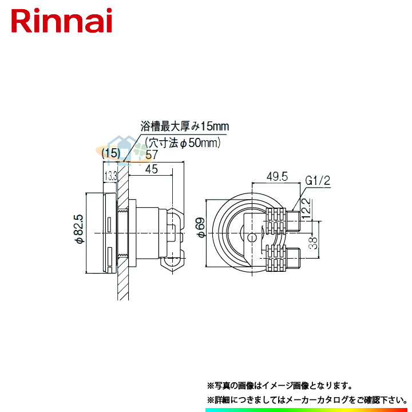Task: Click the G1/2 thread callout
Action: click(318, 181)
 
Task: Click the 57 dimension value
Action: click(152, 154)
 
